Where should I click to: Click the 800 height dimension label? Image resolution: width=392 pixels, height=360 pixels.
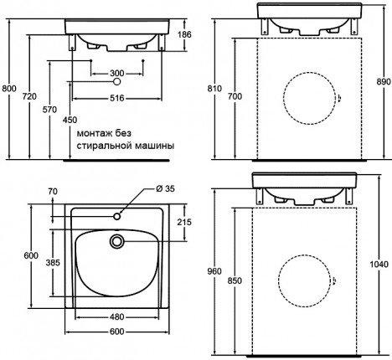pos(9,89)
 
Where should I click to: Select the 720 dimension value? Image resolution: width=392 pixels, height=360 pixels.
pos(29,96)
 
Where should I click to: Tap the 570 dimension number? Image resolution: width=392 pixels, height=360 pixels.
pos(49,110)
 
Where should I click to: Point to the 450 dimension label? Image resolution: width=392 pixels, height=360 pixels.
pos(70,120)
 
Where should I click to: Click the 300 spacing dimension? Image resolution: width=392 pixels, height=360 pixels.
pos(117,74)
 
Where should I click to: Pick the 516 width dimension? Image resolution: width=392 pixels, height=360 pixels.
pos(117,98)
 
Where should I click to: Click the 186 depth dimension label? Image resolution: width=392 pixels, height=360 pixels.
pos(184,34)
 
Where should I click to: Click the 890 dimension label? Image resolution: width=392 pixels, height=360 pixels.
pos(384,82)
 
